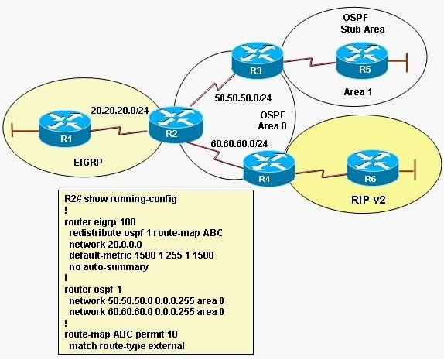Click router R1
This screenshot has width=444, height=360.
click(x=65, y=129)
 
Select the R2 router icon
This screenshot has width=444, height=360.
click(x=176, y=124)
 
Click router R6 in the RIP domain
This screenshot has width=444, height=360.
click(x=372, y=170)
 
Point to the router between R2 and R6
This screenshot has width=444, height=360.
click(x=269, y=170)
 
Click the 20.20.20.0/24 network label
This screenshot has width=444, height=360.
click(x=120, y=110)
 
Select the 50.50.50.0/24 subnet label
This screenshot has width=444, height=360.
click(x=243, y=98)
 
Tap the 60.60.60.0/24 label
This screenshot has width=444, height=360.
click(x=239, y=144)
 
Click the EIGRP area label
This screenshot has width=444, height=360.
click(x=87, y=162)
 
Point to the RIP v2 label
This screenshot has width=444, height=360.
click(x=368, y=200)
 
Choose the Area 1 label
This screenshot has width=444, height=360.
click(x=358, y=92)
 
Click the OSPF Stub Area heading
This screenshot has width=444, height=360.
click(x=363, y=23)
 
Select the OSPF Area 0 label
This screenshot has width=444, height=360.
click(x=272, y=120)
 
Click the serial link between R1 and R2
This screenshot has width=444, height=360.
click(x=119, y=131)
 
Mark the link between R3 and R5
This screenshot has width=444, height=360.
click(x=310, y=62)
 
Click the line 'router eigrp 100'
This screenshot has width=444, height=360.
click(x=100, y=221)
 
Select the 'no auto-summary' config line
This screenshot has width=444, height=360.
click(x=108, y=267)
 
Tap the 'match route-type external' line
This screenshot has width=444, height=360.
click(x=127, y=346)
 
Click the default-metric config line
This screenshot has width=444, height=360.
click(x=142, y=255)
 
